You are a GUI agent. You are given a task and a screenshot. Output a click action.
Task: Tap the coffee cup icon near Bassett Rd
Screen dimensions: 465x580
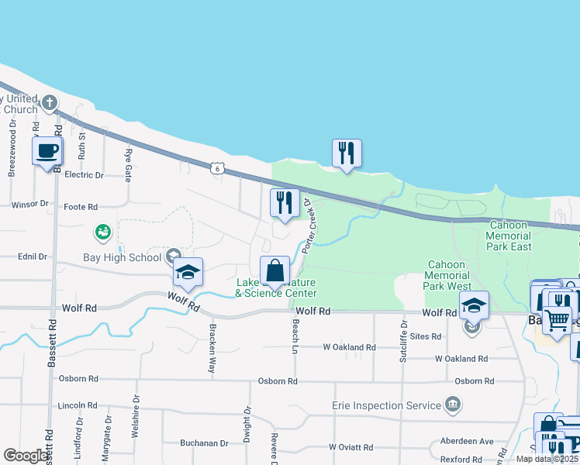(47, 150)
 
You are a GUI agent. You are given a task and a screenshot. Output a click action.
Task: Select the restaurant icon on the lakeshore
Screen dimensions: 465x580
(347, 153)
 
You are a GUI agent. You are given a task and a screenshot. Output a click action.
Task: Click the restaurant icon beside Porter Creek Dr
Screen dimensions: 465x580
(285, 203)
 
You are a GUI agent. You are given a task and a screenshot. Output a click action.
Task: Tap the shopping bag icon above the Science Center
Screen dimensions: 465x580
(274, 270)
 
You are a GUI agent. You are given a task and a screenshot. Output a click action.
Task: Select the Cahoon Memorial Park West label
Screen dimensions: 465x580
(448, 275)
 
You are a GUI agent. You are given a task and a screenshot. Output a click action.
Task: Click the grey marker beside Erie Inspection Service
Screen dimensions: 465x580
(453, 405)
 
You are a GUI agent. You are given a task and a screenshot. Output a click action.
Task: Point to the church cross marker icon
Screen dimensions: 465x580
(50, 102)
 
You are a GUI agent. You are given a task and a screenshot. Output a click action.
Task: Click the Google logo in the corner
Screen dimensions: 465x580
(26, 456)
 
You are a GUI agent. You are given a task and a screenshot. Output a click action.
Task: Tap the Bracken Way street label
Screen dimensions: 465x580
(211, 348)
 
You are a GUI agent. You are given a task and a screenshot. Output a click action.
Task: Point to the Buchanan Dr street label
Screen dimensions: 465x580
(204, 444)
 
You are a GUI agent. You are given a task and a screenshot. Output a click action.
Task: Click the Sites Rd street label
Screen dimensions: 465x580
(426, 336)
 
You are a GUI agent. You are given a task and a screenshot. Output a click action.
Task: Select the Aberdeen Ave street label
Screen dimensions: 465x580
(466, 441)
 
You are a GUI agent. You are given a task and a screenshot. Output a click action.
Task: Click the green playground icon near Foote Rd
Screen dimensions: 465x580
(102, 231)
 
